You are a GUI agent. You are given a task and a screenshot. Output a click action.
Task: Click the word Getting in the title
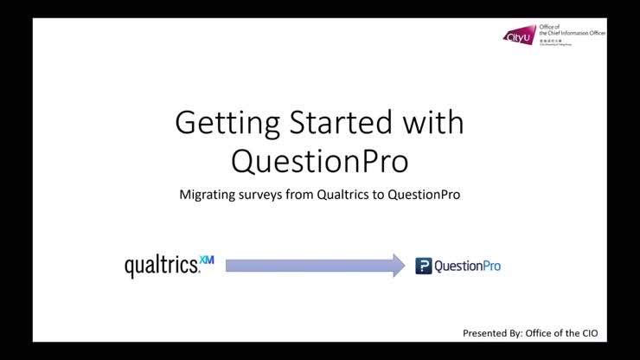[224, 123]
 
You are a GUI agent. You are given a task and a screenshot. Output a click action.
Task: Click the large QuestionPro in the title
[319, 160]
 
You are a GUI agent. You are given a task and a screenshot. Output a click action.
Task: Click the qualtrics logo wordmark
[161, 266]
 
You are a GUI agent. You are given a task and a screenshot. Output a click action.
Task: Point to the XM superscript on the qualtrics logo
[206, 259]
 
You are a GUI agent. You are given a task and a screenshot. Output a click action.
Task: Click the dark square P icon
[423, 267]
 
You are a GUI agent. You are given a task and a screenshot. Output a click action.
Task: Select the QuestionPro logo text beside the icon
[467, 267]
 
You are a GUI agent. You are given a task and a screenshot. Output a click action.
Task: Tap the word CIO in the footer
[587, 333]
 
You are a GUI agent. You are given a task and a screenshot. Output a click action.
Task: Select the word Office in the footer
[540, 333]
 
